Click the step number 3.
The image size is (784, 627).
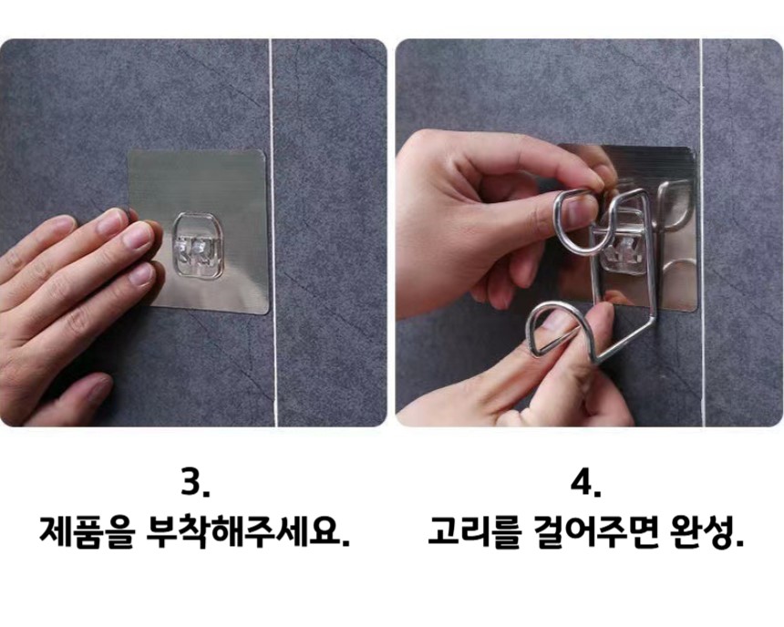click(195, 483)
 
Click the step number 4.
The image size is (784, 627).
click(585, 483)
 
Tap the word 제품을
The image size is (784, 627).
click(87, 532)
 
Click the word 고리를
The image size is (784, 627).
click(475, 532)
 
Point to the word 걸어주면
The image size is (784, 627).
click(596, 532)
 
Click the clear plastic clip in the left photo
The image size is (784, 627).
click(199, 244)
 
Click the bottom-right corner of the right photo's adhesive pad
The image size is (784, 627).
click(695, 310)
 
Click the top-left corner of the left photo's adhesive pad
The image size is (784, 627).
click(130, 152)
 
